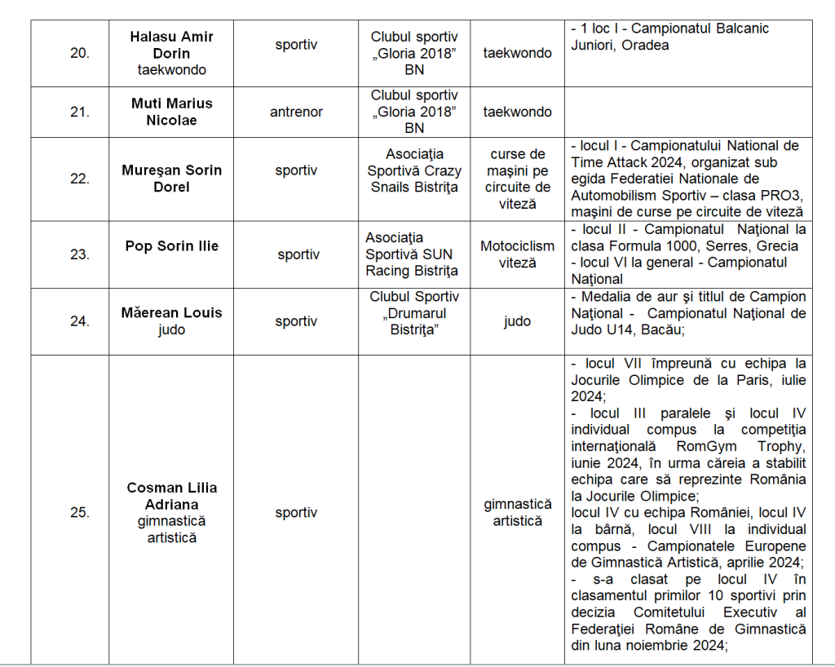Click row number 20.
click(x=79, y=53)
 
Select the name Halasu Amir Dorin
click(x=171, y=46)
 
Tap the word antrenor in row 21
click(x=296, y=112)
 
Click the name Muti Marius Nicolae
click(x=171, y=112)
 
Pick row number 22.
click(x=79, y=179)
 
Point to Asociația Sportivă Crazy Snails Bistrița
click(x=414, y=170)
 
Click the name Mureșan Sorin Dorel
click(x=171, y=179)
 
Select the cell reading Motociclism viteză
click(x=517, y=254)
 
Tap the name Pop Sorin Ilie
click(x=171, y=245)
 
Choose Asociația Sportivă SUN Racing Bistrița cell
click(x=411, y=254)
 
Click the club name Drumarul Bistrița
click(x=414, y=321)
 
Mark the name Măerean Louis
click(x=171, y=312)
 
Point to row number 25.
click(x=79, y=513)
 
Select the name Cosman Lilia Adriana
click(x=171, y=496)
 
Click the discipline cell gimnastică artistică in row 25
click(x=517, y=513)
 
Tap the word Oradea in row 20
click(x=645, y=46)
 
